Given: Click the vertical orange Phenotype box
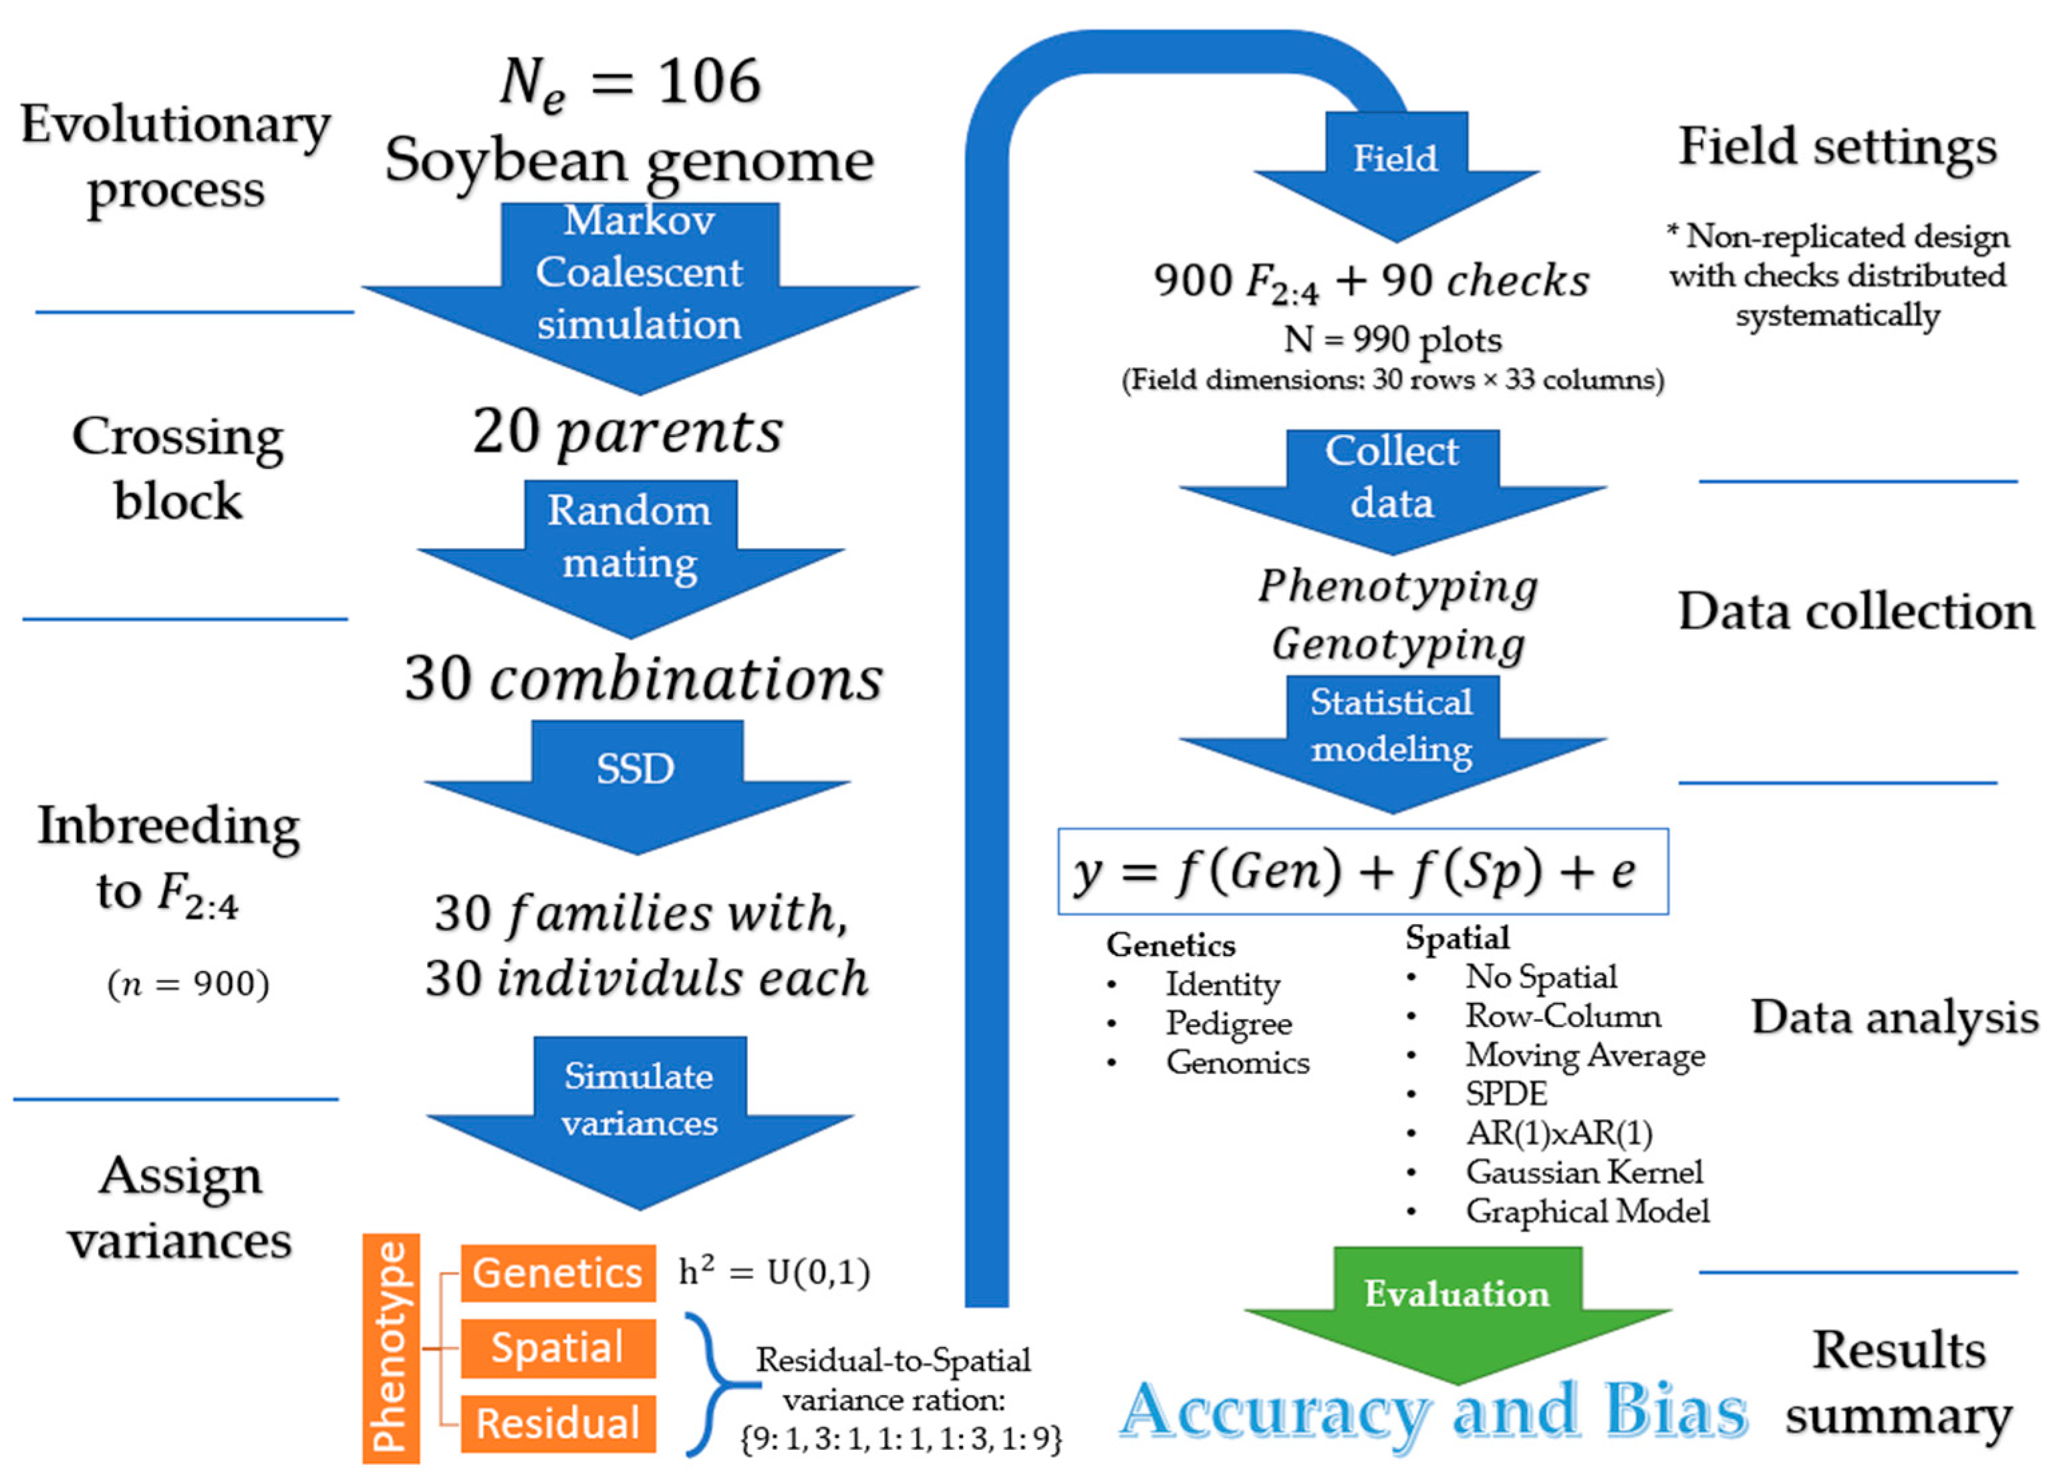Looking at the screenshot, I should pyautogui.click(x=391, y=1348).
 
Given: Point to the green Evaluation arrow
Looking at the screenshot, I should pyautogui.click(x=1456, y=1303).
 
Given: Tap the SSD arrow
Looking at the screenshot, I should pyautogui.click(x=636, y=780).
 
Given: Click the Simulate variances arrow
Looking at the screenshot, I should pyautogui.click(x=639, y=1111).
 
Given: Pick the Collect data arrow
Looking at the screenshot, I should pyautogui.click(x=1391, y=487).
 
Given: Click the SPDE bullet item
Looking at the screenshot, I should pyautogui.click(x=1506, y=1093).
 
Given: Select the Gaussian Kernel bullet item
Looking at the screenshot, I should pyautogui.click(x=1583, y=1171).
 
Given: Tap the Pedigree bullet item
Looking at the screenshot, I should pyautogui.click(x=1228, y=1023).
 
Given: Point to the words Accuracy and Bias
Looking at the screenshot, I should pyautogui.click(x=1433, y=1411).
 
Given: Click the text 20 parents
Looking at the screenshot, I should pyautogui.click(x=627, y=431).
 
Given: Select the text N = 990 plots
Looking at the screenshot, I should pyautogui.click(x=1391, y=340).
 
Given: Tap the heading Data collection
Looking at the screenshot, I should pyautogui.click(x=1856, y=611).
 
